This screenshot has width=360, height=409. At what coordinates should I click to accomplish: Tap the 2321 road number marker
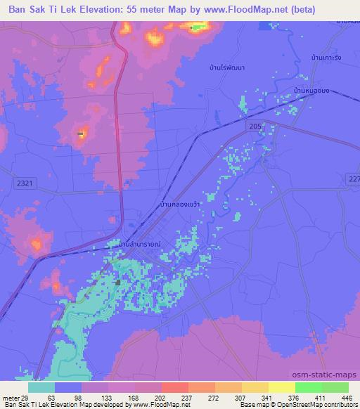pos(24,182)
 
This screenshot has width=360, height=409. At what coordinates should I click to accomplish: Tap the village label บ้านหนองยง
pos(313,91)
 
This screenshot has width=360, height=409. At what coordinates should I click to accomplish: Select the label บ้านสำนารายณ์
pos(140,245)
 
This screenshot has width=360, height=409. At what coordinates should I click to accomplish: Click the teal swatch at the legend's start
pos(41,387)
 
